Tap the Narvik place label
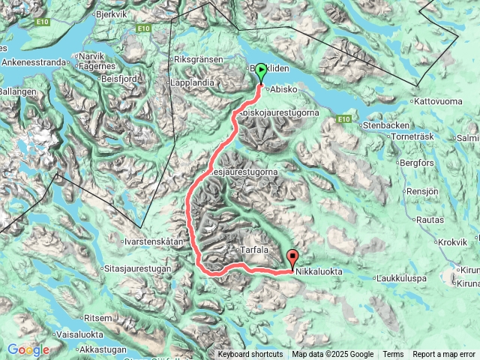point(92,56)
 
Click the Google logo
point(28,349)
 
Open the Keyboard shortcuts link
point(250,355)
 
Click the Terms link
point(393,355)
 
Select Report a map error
point(443,355)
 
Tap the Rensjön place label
point(424,191)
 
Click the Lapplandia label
point(193,82)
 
